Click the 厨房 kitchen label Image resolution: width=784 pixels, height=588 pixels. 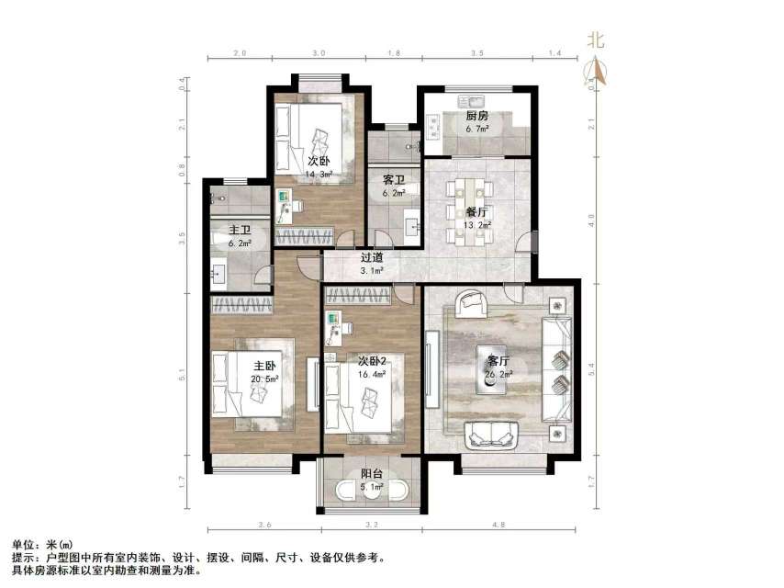tap(476, 117)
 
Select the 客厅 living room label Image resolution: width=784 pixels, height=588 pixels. tap(499, 361)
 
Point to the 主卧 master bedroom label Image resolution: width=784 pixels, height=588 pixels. tap(265, 366)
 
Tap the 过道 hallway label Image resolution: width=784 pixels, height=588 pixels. tap(371, 258)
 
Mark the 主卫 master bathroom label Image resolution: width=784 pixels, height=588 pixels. tap(241, 230)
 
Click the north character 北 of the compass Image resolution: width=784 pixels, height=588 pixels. tap(596, 40)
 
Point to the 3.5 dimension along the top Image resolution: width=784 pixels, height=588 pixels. tap(477, 54)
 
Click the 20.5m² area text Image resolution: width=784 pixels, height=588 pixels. tap(265, 379)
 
